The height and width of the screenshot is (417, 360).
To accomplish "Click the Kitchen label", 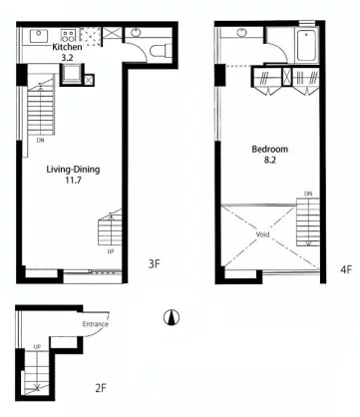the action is (x=67, y=47).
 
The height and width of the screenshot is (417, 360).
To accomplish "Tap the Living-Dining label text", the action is (x=73, y=170).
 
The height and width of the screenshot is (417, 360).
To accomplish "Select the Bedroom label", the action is (x=269, y=149).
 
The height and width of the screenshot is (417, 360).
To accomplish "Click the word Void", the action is (x=262, y=234).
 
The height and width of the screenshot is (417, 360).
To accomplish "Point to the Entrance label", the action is (x=96, y=324).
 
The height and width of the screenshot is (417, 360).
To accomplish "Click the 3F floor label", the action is (x=154, y=264).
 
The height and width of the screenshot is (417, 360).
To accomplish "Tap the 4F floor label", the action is (x=346, y=269).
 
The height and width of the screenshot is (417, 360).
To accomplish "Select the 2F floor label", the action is (x=101, y=388).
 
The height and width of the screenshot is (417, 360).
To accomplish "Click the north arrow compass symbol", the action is (x=172, y=317).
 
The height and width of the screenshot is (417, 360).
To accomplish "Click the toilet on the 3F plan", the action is (x=161, y=51).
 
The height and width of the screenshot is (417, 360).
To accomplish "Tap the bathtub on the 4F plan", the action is (x=307, y=46).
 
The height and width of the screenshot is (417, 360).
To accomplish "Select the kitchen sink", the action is (x=39, y=36).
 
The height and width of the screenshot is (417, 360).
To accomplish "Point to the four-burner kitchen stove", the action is (x=69, y=36).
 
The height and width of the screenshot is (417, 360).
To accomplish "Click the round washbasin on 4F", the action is (x=241, y=33).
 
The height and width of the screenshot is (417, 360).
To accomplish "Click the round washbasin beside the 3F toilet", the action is (x=136, y=33).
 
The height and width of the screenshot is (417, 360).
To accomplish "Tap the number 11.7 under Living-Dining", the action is (x=74, y=181).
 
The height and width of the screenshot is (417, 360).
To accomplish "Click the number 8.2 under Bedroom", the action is (x=270, y=160).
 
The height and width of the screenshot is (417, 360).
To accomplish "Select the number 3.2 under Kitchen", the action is (x=67, y=58).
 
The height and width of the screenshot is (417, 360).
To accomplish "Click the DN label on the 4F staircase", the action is (x=308, y=194).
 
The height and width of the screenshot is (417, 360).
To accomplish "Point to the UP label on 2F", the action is (x=37, y=346).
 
